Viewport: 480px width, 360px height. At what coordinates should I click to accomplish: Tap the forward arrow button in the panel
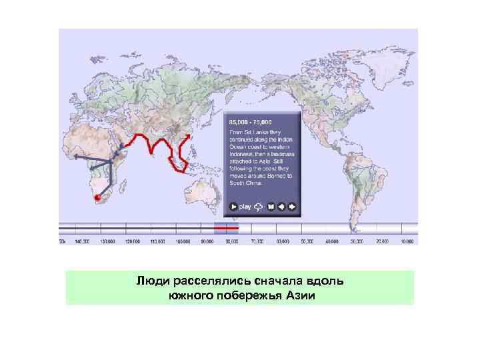tap(292, 207)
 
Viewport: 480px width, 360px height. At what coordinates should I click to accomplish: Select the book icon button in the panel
tap(271, 207)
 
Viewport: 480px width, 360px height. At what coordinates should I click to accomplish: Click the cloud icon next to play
tap(257, 207)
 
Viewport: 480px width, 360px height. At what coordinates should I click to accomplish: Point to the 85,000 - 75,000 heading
tap(251, 123)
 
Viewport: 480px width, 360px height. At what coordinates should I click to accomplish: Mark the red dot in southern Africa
tap(97, 197)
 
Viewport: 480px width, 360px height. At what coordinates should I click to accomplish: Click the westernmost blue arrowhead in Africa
tap(75, 155)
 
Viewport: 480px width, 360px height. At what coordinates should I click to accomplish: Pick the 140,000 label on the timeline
tap(83, 241)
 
